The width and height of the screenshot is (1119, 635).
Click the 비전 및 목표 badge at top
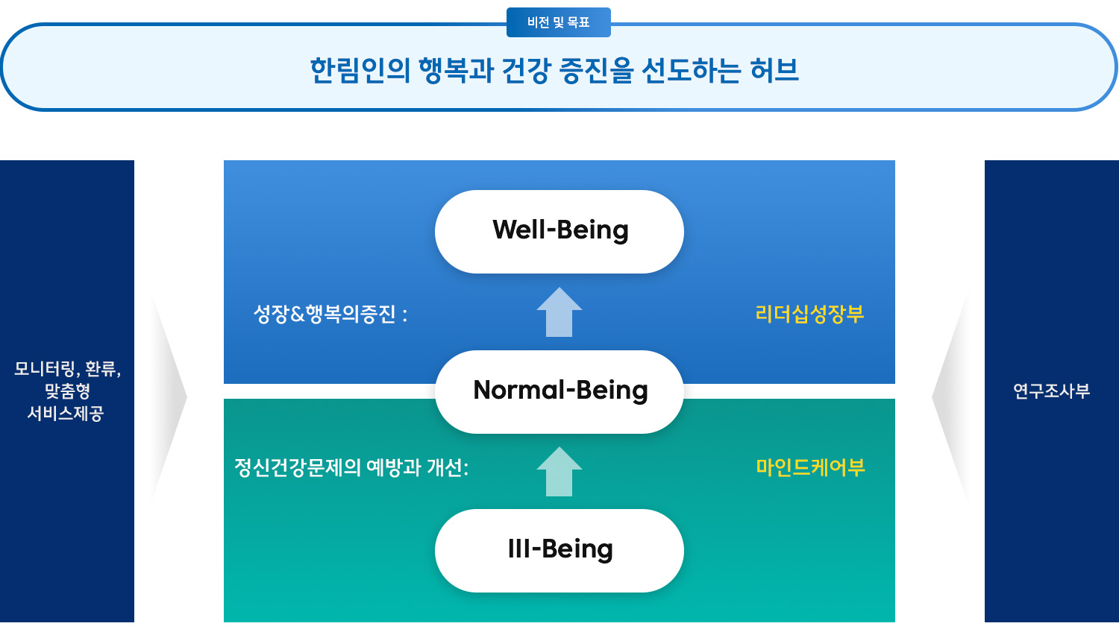(x=558, y=22)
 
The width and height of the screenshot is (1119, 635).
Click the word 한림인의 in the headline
(x=360, y=70)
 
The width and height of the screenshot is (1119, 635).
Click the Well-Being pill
(x=559, y=231)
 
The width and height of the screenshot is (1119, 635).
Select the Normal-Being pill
(x=559, y=391)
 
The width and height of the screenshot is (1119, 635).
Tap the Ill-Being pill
(x=559, y=550)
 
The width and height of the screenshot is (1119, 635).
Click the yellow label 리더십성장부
(x=809, y=314)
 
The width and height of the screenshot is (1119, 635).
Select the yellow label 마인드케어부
(x=810, y=467)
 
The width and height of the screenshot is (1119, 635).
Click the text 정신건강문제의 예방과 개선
(x=351, y=467)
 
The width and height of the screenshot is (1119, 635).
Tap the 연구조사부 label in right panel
(x=1051, y=391)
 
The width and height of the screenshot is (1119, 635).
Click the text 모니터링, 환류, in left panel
(x=67, y=369)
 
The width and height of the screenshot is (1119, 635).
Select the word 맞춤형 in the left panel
(x=67, y=391)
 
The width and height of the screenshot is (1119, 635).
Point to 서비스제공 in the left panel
(x=66, y=413)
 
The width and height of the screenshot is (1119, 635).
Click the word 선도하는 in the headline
(x=691, y=70)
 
